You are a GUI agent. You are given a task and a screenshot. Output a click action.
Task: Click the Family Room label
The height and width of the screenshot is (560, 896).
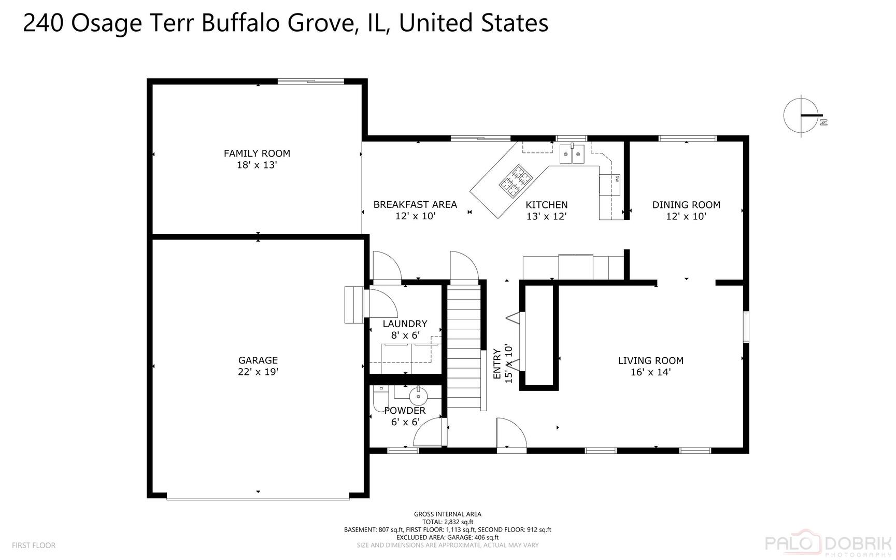pyautogui.click(x=257, y=153)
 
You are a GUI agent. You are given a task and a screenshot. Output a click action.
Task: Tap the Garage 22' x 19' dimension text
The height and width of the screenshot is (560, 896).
pyautogui.click(x=258, y=372)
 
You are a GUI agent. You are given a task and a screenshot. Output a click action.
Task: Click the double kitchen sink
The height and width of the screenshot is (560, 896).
pyautogui.click(x=572, y=154)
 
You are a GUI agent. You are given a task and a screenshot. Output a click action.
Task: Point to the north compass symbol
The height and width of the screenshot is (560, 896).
pyautogui.click(x=802, y=115)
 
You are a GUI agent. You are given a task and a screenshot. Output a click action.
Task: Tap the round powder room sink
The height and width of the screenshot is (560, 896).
pyautogui.click(x=418, y=397)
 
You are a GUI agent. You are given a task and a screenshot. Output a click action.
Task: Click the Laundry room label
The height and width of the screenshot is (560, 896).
pyautogui.click(x=405, y=324)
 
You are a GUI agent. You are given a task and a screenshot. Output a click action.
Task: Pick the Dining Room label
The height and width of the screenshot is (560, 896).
pyautogui.click(x=686, y=204)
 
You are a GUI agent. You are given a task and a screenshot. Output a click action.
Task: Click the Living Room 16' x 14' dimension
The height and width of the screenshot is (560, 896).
pyautogui.click(x=650, y=372)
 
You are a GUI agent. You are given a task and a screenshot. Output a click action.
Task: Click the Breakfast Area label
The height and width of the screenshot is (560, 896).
pyautogui.click(x=415, y=204)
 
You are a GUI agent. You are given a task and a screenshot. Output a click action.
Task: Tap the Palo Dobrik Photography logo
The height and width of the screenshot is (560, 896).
pyautogui.click(x=830, y=543)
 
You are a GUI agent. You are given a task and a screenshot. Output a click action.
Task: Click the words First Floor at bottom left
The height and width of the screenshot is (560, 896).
pyautogui.click(x=34, y=545)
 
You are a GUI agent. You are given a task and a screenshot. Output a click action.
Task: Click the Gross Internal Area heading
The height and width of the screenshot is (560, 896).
pyautogui.click(x=447, y=514)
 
